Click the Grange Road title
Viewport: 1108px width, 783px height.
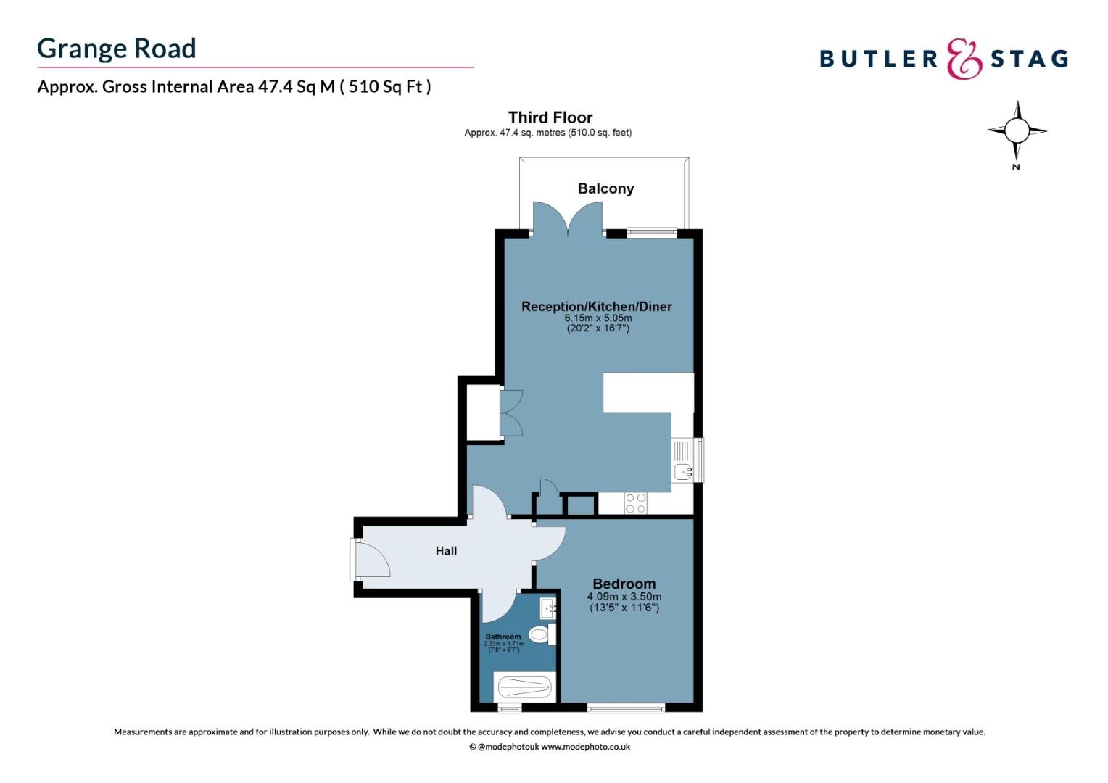pos(117,49)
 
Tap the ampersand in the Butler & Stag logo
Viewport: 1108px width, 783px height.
pos(964,59)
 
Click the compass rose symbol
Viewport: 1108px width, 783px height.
pos(1017,131)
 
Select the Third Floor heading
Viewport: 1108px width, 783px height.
pos(550,117)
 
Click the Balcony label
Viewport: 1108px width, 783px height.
pos(605,188)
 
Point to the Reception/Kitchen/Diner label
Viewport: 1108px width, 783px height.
pos(596,307)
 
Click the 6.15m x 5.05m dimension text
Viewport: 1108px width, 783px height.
pos(598,318)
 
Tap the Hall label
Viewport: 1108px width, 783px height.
pos(446,551)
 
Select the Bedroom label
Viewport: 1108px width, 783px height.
pos(624,584)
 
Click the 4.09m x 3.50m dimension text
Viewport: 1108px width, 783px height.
pos(624,597)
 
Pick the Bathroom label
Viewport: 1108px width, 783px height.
pos(503,637)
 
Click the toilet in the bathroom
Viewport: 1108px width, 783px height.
pos(540,634)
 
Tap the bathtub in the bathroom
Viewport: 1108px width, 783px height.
pos(524,687)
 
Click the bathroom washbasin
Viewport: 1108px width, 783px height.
pos(548,607)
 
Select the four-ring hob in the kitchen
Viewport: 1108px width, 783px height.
pos(635,503)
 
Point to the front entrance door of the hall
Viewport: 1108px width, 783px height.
pos(371,559)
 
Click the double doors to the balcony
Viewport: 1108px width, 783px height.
pos(568,219)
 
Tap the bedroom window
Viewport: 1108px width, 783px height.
pos(626,708)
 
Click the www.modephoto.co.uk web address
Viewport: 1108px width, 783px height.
pos(585,747)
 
